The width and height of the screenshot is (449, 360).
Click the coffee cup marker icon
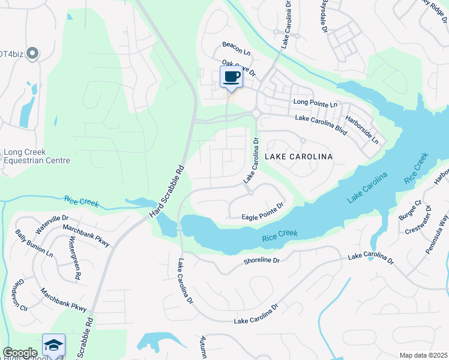pos(232,77)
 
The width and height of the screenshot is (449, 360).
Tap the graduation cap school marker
pos(53,345)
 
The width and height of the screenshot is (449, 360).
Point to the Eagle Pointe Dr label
pos(262,217)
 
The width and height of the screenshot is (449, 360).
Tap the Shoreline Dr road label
pos(262,260)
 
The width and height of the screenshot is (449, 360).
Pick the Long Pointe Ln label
pos(316,104)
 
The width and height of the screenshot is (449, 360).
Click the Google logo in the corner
pos(20,353)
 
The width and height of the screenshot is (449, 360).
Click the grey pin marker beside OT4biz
pos(32,54)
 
